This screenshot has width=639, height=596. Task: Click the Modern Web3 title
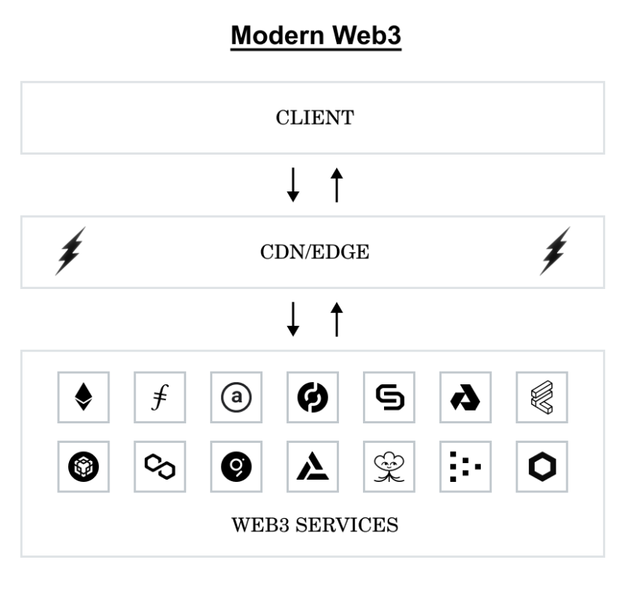point(316,35)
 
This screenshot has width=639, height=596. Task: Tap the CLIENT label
point(315,118)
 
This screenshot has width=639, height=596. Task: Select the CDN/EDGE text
point(314,252)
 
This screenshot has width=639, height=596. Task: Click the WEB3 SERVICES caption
point(314,525)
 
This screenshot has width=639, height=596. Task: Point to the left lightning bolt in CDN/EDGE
point(70,251)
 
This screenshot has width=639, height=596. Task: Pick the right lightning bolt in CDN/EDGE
point(555,251)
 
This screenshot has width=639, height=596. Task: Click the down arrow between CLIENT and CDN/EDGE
point(293,185)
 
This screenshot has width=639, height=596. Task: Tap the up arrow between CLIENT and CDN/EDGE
point(337,185)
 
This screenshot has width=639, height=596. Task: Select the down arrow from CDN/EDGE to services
point(293,319)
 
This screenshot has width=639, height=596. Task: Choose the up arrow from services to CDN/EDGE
point(337,319)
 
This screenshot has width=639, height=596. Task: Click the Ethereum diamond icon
point(83,397)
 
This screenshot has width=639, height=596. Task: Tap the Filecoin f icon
point(160,397)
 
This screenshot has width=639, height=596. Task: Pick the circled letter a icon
point(236,397)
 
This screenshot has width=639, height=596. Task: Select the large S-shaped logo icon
point(389,397)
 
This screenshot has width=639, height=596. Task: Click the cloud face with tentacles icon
point(389,467)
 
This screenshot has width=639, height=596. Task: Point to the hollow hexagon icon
point(542,467)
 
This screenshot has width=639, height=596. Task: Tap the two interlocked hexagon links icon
point(160,467)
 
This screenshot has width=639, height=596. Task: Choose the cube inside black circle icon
point(83,467)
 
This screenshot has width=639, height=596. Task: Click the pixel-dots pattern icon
point(465,467)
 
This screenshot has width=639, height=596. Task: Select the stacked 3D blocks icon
point(542,397)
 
